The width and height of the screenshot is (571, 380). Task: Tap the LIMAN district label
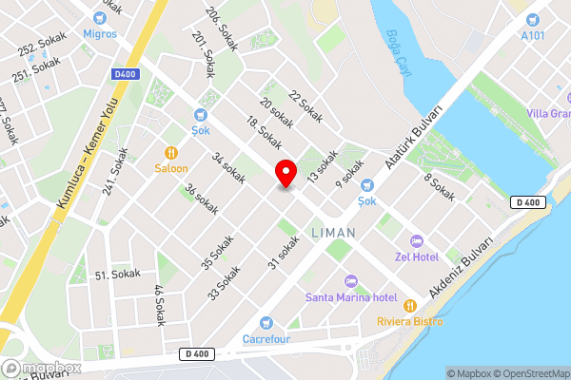point(333,232)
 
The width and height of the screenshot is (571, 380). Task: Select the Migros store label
point(99,33)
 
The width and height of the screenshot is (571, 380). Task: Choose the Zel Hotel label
point(417,256)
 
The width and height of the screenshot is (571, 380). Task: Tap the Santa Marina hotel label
point(350,297)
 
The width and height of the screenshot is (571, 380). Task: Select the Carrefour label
point(266,338)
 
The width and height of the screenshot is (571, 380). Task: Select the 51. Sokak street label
point(117,274)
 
